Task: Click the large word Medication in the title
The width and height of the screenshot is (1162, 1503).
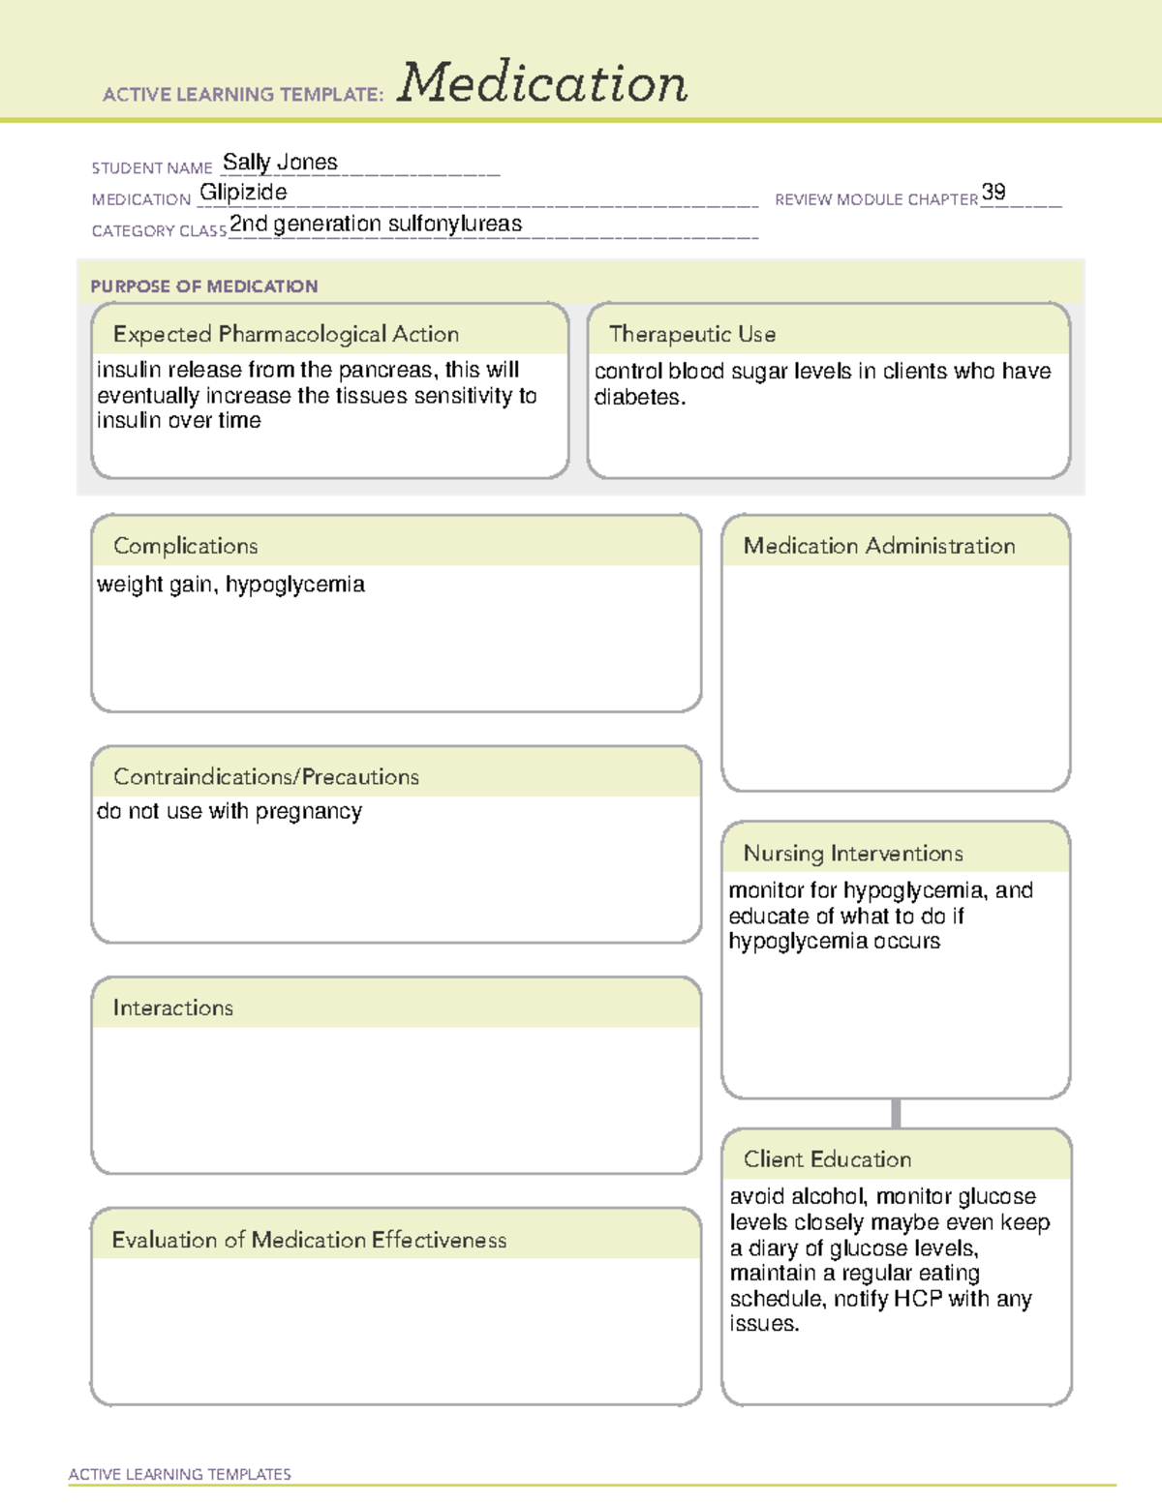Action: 541,83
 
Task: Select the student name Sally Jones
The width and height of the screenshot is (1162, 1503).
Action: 280,163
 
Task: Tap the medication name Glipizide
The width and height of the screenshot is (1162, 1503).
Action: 243,193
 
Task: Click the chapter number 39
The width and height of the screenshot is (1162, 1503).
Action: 994,192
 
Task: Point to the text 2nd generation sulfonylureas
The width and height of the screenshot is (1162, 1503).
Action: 376,225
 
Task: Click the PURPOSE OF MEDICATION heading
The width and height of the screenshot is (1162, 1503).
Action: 204,286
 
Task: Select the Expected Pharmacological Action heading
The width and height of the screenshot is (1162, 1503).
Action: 286,334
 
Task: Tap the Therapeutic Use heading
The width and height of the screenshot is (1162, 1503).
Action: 692,334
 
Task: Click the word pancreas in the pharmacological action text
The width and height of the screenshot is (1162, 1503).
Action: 385,371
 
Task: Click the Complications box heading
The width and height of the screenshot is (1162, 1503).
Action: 186,546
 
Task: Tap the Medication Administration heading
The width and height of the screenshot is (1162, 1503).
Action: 879,546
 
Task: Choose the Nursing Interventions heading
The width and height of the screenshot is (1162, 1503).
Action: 853,854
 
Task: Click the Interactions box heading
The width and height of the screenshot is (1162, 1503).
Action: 173,1008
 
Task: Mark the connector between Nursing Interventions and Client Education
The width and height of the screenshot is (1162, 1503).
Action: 896,1113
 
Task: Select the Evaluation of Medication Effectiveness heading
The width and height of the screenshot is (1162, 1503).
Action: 309,1240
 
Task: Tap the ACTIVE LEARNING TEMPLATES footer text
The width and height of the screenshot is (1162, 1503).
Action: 180,1474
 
